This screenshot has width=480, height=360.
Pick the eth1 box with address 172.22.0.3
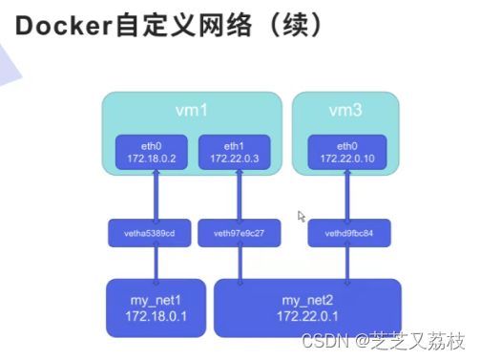234,152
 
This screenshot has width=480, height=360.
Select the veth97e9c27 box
234,233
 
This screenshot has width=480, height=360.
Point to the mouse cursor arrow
302,217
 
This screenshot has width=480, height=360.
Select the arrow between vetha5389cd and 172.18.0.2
150,196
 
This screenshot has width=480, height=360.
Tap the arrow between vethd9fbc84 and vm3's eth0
346,196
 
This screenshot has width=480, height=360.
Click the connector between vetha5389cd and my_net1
150,263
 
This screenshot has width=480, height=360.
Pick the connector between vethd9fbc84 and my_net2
346,263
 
